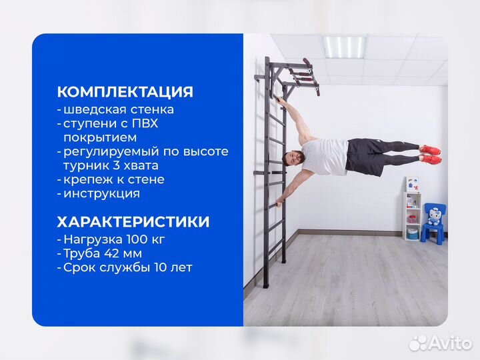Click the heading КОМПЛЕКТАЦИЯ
[x=125, y=92]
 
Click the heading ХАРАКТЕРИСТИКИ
[x=133, y=221]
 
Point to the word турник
[x=86, y=165]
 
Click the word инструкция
[x=101, y=193]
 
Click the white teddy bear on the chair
[x=434, y=217]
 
